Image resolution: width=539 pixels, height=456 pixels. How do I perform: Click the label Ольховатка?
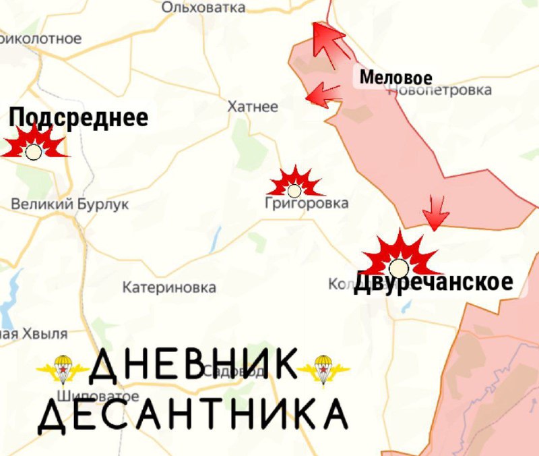point(203,7)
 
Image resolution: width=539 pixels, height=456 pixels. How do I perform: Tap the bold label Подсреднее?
point(79,118)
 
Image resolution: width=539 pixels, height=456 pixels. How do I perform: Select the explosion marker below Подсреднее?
point(34,148)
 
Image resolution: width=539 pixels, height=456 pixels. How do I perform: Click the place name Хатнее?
point(253,107)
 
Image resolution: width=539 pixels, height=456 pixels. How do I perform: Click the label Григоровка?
point(307,203)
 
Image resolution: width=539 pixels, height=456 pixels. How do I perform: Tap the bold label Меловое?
point(395,77)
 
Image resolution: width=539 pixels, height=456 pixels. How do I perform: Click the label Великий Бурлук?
point(70,204)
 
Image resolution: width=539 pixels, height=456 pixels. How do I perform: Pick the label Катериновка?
point(169,288)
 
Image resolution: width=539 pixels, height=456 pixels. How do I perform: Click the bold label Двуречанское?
point(433,282)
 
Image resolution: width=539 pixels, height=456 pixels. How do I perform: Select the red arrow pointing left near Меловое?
point(323,94)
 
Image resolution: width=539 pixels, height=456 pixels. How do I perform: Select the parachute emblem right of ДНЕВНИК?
point(323,369)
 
